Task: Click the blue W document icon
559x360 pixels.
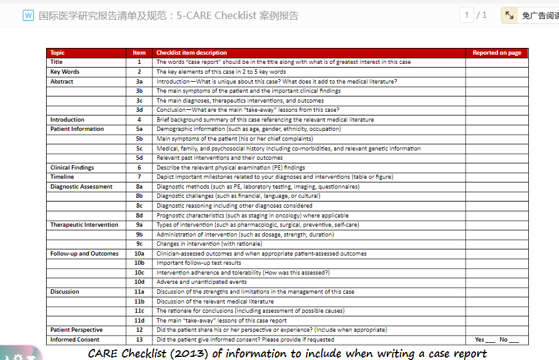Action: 28,15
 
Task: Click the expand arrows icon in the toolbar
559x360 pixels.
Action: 510,15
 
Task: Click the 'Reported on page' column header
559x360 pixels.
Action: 496,53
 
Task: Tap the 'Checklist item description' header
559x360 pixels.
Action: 191,53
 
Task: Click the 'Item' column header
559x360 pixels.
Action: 139,53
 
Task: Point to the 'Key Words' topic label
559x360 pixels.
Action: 64,72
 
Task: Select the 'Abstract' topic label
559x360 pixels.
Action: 61,82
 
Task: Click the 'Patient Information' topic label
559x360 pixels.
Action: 77,129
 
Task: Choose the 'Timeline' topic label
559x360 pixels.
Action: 62,177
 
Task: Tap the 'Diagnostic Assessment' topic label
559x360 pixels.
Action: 81,187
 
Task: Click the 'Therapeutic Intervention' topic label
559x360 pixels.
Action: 84,225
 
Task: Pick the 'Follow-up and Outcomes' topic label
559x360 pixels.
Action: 84,254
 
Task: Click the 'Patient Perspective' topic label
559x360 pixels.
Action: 76,330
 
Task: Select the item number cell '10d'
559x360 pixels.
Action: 139,282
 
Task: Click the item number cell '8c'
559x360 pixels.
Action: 139,206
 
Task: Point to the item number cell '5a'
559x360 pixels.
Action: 139,129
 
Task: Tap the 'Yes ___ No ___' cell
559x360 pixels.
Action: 496,340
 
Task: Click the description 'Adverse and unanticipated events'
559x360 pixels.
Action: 201,282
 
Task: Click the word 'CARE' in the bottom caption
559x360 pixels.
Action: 103,353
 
